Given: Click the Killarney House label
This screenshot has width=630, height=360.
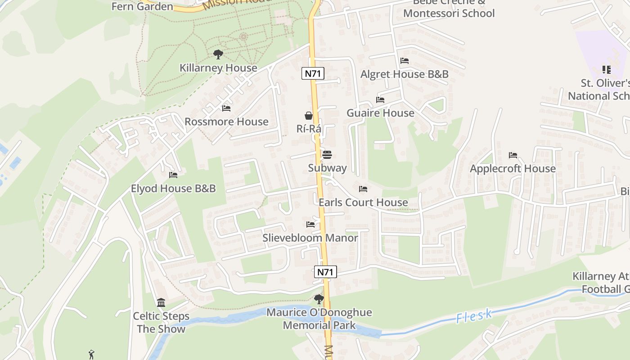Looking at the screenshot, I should tap(218, 68).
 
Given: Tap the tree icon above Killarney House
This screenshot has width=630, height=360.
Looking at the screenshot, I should tap(218, 55).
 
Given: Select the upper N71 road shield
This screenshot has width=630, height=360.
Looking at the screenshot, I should tap(313, 74).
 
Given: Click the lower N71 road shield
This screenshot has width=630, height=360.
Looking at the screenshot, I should tap(325, 272).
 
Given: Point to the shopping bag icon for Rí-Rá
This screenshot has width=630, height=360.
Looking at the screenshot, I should tap(309, 116).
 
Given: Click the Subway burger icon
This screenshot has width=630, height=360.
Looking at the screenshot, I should tap(327, 155).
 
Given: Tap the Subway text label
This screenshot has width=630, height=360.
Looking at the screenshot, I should tap(327, 168).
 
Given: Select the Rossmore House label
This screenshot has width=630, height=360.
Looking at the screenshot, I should tap(226, 121).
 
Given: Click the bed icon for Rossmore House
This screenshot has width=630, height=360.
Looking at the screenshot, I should tap(226, 108).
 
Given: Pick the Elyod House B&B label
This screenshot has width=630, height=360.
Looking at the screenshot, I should tap(173, 188).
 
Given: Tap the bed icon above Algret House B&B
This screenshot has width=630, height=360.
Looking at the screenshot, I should tap(405, 61).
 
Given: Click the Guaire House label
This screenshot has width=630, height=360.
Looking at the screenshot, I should tap(380, 113).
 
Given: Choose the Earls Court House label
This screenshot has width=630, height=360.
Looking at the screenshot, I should tap(363, 202).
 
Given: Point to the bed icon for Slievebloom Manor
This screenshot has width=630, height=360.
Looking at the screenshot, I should tap(310, 224).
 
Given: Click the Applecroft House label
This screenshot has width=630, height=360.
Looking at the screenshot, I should tap(513, 168).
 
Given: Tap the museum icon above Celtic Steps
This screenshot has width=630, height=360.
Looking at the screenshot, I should tap(161, 303).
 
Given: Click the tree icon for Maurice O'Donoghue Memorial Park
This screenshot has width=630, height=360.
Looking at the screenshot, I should tap(319, 299).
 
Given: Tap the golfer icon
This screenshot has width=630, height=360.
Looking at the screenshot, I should tap(92, 355).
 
